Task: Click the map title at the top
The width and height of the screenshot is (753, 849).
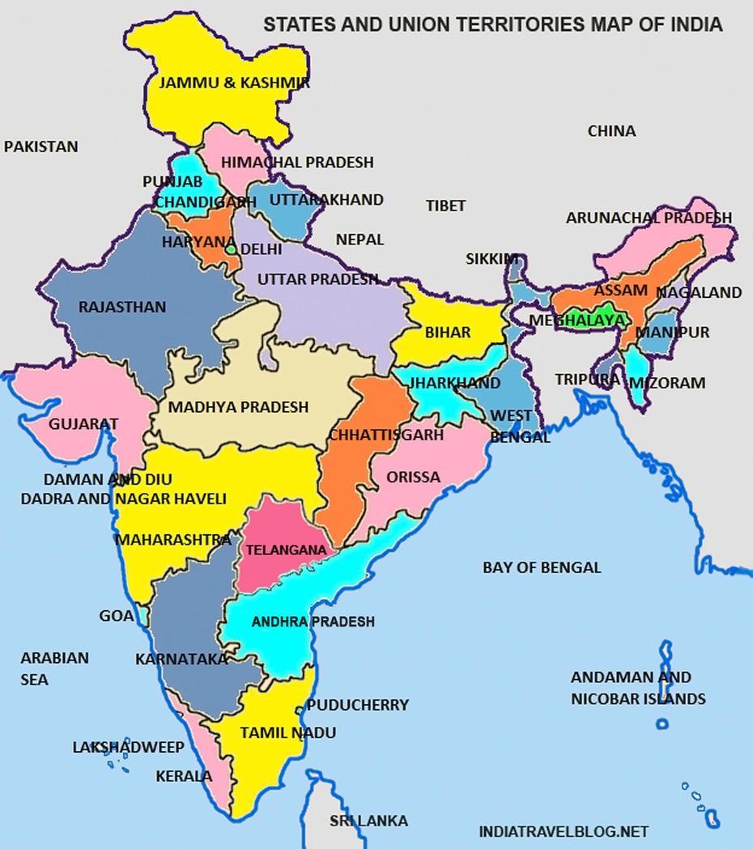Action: [492, 24]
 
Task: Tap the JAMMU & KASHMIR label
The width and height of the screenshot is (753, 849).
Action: [234, 83]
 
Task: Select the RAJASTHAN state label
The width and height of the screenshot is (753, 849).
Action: [121, 307]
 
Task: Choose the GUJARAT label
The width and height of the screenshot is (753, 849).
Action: [83, 423]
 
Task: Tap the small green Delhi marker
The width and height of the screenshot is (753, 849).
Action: [231, 250]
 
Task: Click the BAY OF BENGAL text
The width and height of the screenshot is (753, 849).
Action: [542, 567]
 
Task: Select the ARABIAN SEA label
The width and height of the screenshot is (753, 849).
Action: [54, 669]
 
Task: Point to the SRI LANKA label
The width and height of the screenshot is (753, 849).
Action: [368, 821]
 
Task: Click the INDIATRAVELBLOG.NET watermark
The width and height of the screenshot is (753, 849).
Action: [564, 831]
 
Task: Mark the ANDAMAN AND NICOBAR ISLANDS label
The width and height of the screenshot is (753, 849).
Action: [638, 688]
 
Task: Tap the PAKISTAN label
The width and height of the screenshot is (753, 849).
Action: [41, 146]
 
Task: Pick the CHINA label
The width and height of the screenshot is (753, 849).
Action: [611, 130]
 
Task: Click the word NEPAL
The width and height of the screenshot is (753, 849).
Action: [359, 240]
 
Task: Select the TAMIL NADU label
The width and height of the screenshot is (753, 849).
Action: [276, 732]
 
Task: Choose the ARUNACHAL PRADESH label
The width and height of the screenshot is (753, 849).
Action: [649, 218]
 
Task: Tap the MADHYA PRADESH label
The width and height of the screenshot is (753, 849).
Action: [238, 406]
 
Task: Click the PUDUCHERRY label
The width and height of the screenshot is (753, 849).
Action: [358, 705]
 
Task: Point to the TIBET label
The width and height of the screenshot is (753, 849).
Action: [445, 206]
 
